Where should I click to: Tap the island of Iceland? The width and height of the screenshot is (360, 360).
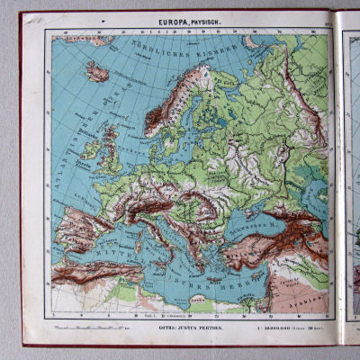coord(97,70)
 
